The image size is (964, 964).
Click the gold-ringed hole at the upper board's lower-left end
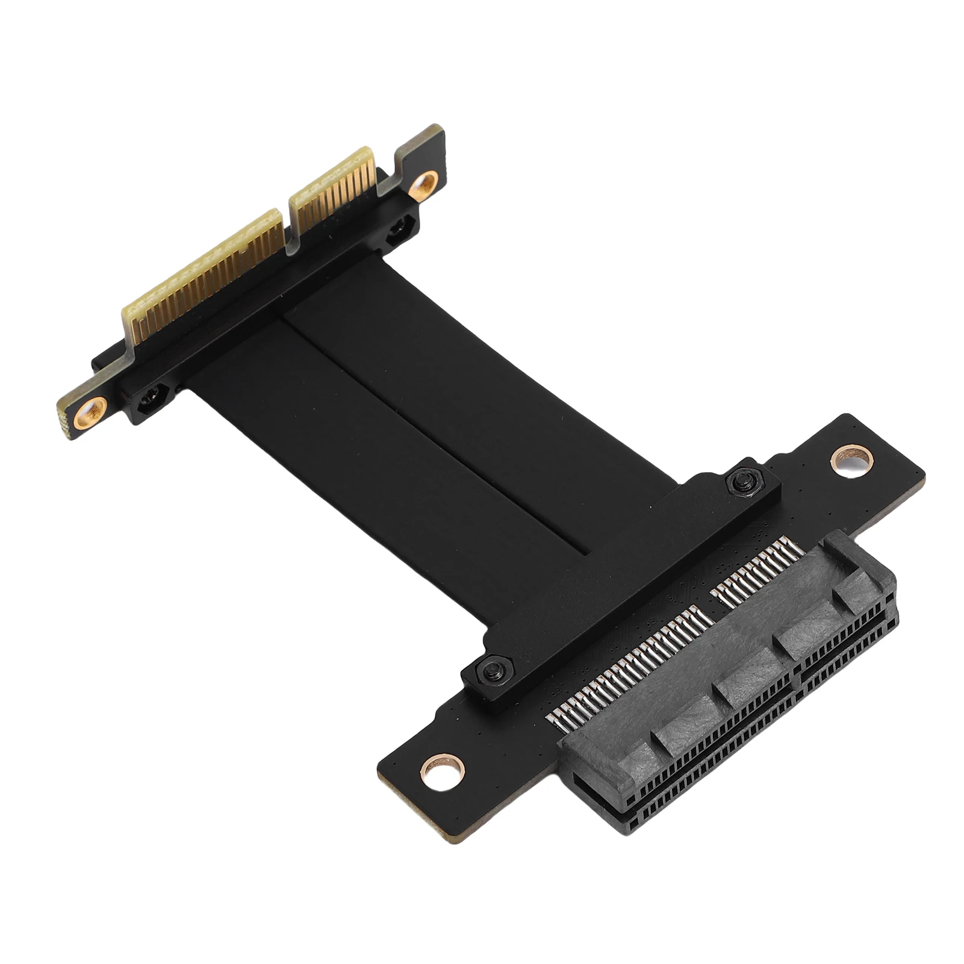click(91, 412)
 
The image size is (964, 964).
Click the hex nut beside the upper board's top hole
click(397, 232)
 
